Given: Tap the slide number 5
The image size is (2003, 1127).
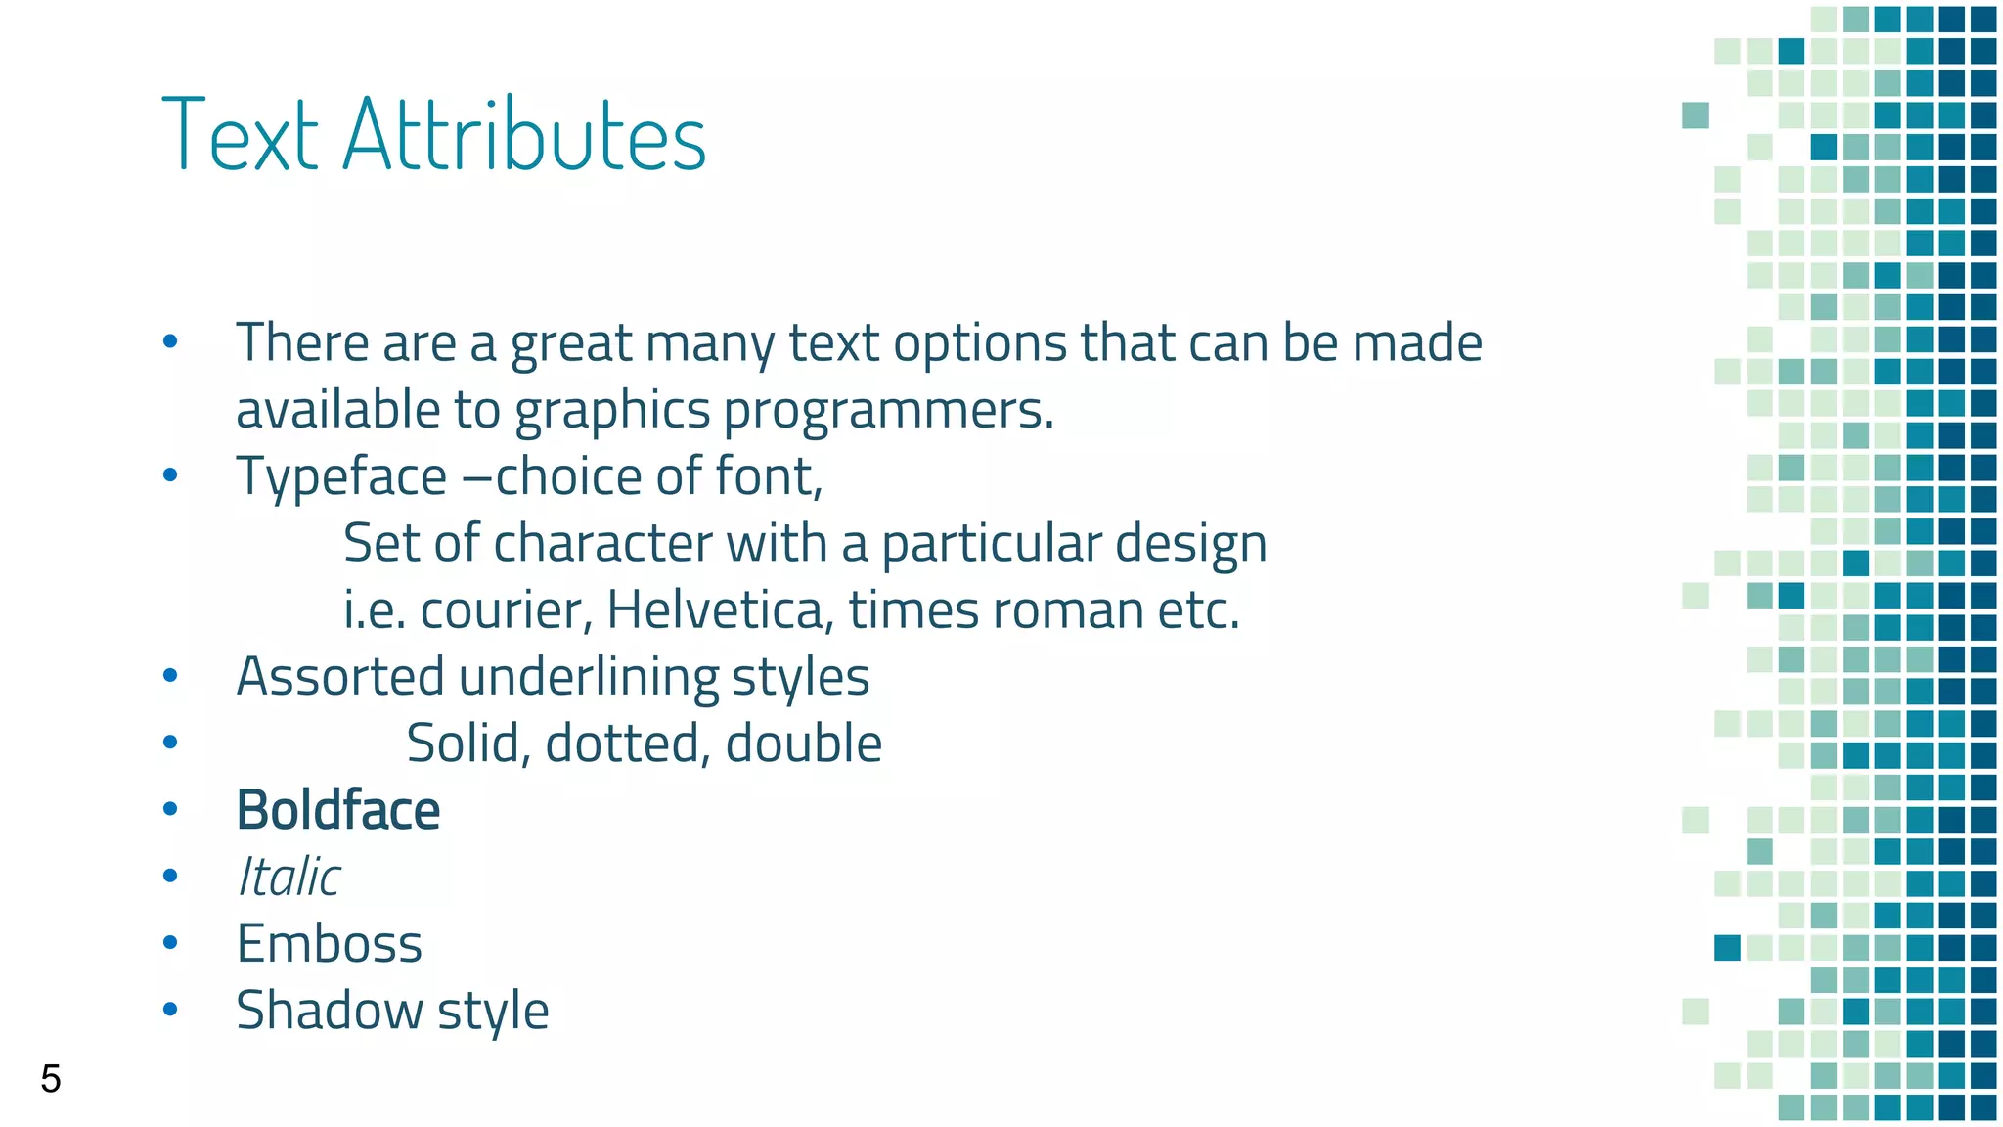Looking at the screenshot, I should (x=51, y=1079).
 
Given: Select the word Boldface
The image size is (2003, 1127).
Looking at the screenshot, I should (x=338, y=810).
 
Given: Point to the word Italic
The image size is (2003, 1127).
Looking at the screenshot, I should (x=289, y=877).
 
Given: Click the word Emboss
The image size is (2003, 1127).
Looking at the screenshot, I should (x=330, y=944).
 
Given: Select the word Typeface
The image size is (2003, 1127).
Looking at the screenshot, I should (x=341, y=477).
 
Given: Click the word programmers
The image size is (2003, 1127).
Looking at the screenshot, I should (x=888, y=411).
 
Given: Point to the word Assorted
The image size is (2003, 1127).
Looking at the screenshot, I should (x=340, y=677).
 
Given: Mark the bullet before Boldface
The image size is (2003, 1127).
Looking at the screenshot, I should (x=170, y=810).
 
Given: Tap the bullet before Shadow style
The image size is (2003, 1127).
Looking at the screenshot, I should (x=170, y=1010).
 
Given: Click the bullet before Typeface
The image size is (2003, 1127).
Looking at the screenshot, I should (x=170, y=476).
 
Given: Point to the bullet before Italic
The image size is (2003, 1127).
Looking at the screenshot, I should (x=170, y=877).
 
